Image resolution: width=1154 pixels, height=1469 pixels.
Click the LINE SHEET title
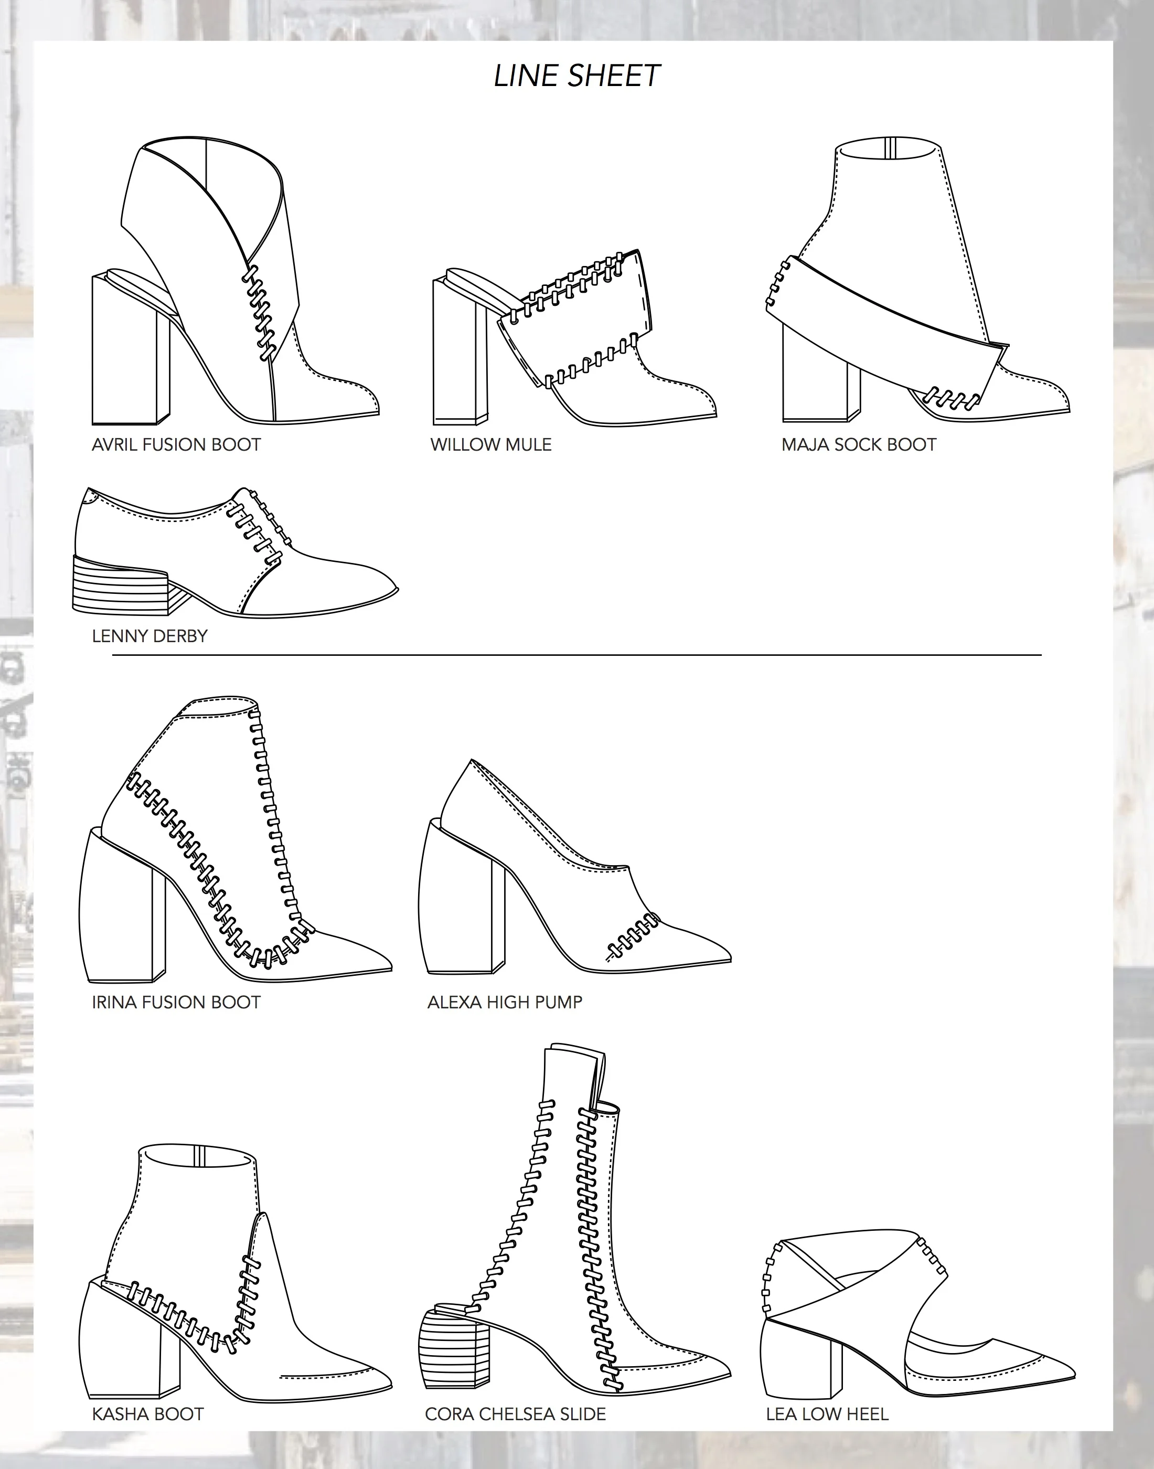[576, 76]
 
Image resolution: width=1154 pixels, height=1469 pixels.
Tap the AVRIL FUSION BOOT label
[176, 444]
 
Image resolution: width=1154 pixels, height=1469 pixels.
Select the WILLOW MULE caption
[491, 444]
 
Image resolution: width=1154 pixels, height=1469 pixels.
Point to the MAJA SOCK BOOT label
[859, 444]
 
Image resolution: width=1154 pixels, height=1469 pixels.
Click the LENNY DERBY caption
[149, 636]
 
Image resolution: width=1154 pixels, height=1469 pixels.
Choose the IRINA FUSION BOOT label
[176, 1002]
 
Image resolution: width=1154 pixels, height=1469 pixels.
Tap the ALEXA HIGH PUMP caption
[505, 1002]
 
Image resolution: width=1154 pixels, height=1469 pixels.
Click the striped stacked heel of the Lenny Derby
[120, 585]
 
